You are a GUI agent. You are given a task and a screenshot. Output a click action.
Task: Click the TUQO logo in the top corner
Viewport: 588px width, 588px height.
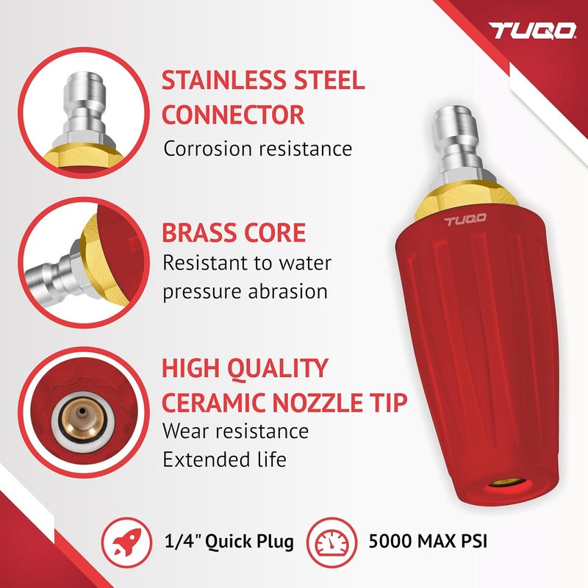tap(534, 31)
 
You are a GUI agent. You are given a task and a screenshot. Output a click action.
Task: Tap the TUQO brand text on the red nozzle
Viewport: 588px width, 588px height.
tap(465, 221)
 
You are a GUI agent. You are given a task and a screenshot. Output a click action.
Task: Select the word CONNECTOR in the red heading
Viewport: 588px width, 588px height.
tap(233, 115)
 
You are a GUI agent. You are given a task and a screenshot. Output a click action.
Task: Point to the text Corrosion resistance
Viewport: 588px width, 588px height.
tap(258, 148)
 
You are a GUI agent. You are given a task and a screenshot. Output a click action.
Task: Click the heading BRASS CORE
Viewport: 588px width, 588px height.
tap(233, 233)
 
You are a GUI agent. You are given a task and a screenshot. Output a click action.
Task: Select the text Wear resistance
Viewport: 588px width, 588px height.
tap(235, 431)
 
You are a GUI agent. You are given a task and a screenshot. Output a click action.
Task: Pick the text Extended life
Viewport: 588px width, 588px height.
tap(224, 460)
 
